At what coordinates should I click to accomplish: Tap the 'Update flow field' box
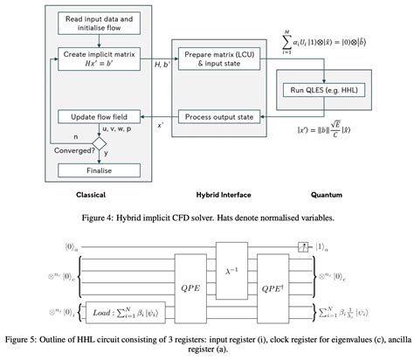point(96,116)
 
